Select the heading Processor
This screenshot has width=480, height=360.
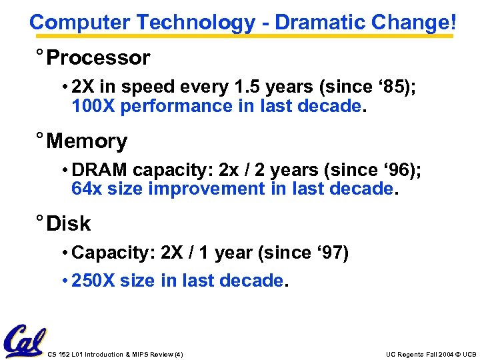pos(98,59)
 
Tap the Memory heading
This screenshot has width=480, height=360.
pos(87,141)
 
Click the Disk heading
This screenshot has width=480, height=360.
pos(69,224)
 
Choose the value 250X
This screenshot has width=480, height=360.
pos(93,281)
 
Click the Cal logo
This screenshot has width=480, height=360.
pos(24,341)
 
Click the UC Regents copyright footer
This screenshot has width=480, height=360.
pos(431,354)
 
